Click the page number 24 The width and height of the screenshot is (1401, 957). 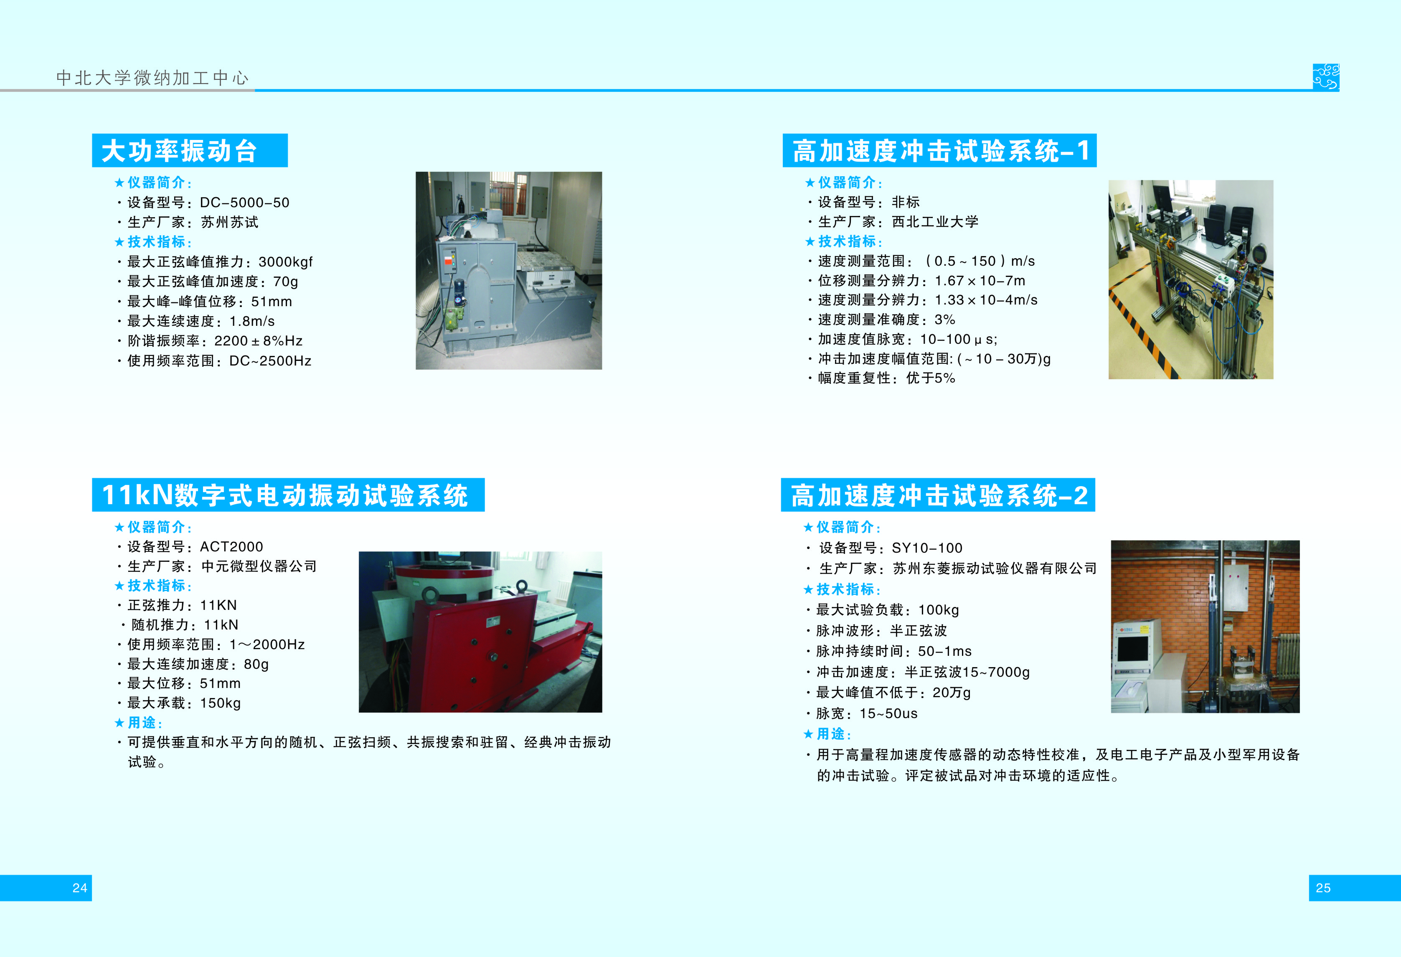pyautogui.click(x=80, y=888)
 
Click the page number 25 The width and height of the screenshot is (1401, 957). pyautogui.click(x=1323, y=888)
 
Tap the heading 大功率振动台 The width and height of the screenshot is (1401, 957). pyautogui.click(x=180, y=151)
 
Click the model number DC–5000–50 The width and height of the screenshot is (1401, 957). pyautogui.click(x=245, y=203)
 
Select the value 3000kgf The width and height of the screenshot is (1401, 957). pyautogui.click(x=286, y=262)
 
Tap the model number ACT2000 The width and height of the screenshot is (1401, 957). pyautogui.click(x=231, y=547)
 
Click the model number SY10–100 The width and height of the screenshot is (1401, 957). pyautogui.click(x=927, y=548)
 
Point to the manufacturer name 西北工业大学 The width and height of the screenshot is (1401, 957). pyautogui.click(x=935, y=222)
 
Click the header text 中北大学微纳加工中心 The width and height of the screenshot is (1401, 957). pyautogui.click(x=152, y=78)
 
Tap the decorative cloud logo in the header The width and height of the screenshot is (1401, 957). pyautogui.click(x=1326, y=77)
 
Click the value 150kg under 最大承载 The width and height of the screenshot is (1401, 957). pyautogui.click(x=221, y=703)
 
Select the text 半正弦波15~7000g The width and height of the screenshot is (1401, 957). pyautogui.click(x=967, y=672)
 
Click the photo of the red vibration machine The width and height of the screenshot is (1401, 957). pyautogui.click(x=480, y=632)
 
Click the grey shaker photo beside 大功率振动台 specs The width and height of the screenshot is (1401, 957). pyautogui.click(x=509, y=271)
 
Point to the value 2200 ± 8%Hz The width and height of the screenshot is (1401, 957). pyautogui.click(x=259, y=341)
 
